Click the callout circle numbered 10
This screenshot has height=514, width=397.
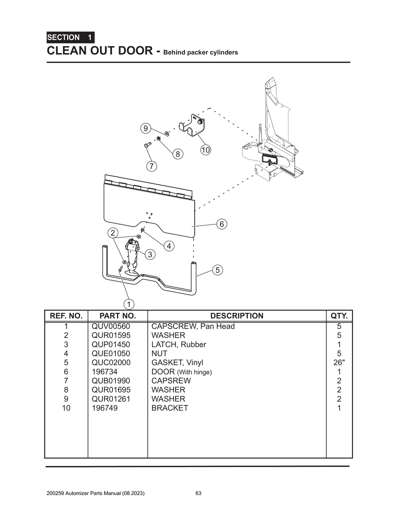[205, 150]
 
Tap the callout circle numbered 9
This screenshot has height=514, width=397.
[145, 128]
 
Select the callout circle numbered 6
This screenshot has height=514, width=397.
[221, 224]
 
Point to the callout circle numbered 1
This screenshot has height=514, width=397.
[129, 304]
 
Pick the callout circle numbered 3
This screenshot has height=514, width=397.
[150, 254]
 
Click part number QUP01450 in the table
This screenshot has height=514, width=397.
[111, 344]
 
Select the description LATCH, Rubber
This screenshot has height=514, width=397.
[179, 344]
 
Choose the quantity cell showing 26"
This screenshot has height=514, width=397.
[339, 362]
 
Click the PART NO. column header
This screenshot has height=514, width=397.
[117, 316]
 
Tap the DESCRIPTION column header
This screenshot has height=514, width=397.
[236, 316]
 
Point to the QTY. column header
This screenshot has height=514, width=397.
[339, 316]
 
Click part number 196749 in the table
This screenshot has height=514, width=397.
[105, 408]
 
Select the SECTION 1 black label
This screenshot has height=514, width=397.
[70, 38]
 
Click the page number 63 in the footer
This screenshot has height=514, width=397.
[198, 493]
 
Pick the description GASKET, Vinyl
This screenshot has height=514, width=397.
[177, 362]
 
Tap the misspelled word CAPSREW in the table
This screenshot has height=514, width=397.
[171, 381]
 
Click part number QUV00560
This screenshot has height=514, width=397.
[111, 326]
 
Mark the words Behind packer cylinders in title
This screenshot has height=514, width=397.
[201, 52]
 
